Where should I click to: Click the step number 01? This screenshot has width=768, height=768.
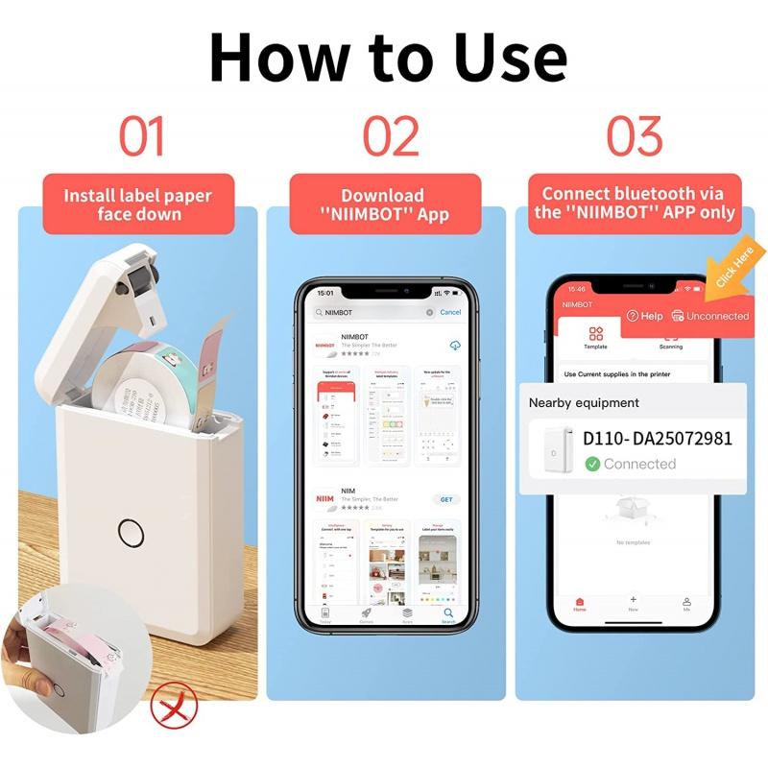tap(141, 136)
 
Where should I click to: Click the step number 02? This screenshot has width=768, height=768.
tap(391, 136)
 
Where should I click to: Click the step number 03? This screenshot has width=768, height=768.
tap(635, 136)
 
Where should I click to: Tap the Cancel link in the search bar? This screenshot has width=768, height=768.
tap(450, 312)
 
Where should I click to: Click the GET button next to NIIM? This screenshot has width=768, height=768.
tap(446, 499)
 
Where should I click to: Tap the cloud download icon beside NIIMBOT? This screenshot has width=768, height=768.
tap(452, 345)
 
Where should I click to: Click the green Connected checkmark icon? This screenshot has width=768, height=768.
tap(592, 464)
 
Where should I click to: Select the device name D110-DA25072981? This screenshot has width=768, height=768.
tap(658, 439)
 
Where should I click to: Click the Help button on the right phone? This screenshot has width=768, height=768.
tap(645, 316)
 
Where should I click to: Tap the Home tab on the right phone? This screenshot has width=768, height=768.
tap(580, 605)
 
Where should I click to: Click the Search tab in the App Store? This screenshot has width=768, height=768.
tap(448, 614)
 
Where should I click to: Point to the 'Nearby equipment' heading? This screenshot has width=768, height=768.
tap(584, 402)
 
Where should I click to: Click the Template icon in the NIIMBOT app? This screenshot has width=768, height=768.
tap(596, 337)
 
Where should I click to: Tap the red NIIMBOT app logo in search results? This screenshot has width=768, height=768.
tap(325, 345)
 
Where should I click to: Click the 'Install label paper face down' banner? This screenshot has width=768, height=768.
tap(138, 204)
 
